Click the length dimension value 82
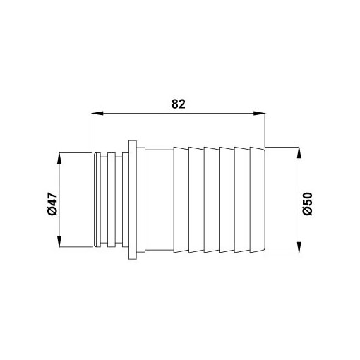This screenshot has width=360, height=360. [x=179, y=104]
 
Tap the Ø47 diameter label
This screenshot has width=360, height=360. [x=52, y=204]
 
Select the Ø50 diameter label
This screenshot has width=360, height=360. [x=308, y=204]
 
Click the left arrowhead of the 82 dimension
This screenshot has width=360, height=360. [x=97, y=114]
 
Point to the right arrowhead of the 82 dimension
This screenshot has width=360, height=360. [x=259, y=114]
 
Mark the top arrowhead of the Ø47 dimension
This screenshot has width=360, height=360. [x=59, y=159]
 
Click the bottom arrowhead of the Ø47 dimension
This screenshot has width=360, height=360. [x=59, y=241]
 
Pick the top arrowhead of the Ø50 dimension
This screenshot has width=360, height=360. [x=299, y=152]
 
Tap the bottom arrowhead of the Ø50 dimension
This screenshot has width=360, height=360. [x=299, y=247]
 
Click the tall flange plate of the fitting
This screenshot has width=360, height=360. [x=133, y=200]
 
